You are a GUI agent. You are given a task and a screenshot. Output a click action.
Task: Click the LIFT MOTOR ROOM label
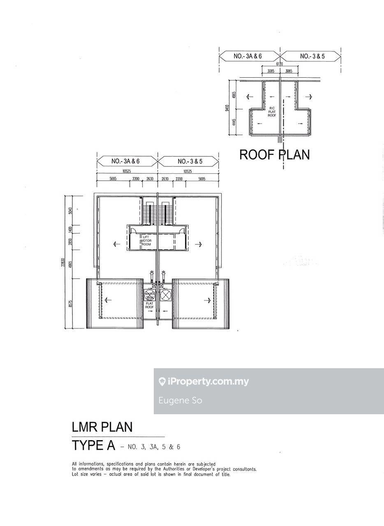[x=146, y=240]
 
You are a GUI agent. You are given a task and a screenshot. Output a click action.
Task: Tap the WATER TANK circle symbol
[x=149, y=295]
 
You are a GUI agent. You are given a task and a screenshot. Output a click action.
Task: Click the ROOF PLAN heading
[x=274, y=155]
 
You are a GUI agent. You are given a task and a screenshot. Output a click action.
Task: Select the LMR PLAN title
[x=102, y=427]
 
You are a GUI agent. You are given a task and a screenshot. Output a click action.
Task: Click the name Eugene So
[x=180, y=400]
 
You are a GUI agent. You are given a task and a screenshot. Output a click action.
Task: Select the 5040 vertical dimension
[x=70, y=211]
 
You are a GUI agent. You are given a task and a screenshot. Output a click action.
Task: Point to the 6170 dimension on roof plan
[x=280, y=64]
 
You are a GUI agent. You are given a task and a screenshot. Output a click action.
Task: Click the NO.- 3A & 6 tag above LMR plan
[x=125, y=161]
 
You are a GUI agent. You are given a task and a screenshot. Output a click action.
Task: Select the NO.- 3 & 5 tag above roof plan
[x=312, y=56]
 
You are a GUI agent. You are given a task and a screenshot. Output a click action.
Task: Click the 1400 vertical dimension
[x=70, y=229]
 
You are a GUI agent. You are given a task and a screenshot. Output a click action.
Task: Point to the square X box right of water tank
[x=165, y=295]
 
